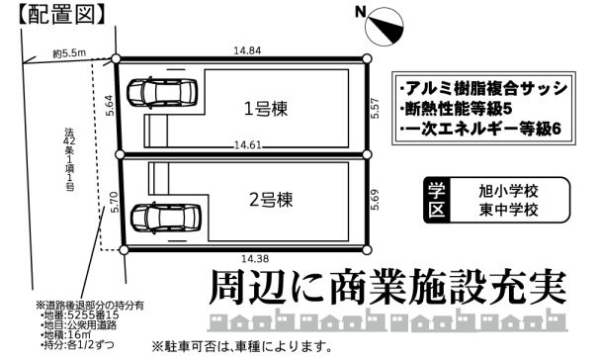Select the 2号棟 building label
coord(270,199)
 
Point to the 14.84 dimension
coord(246,48)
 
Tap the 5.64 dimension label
coord(112,104)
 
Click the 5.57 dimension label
coord(376,108)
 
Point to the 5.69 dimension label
coord(376,204)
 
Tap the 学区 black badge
coord(437,200)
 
